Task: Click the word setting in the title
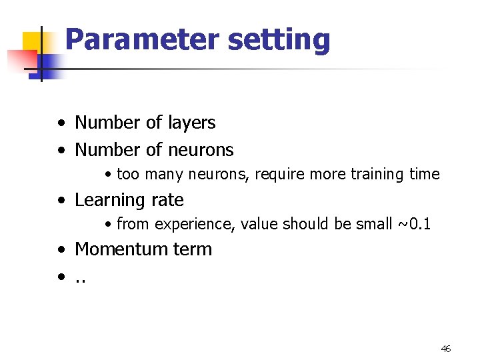[x=279, y=41]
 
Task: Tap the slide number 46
[x=446, y=349]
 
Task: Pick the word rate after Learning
[x=166, y=200]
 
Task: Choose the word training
[x=377, y=175]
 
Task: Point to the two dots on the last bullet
[x=81, y=281]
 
